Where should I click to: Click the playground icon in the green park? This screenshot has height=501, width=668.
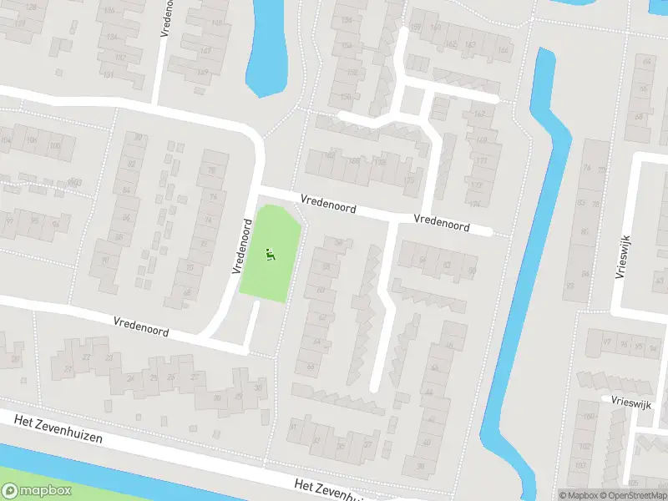tap(269, 255)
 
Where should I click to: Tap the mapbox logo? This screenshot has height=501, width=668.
tap(36, 491)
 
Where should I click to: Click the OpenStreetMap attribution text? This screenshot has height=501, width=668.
tap(632, 495)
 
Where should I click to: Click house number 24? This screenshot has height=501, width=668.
tap(129, 377)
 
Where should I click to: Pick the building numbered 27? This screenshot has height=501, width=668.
tap(195, 377)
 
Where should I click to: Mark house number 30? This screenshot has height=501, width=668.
tap(218, 397)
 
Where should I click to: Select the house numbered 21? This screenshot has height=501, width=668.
tap(14, 361)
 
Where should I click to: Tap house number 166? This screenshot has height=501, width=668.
tap(503, 50)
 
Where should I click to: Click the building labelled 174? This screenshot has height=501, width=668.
tap(474, 204)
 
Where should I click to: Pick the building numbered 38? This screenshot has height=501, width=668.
tap(421, 466)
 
